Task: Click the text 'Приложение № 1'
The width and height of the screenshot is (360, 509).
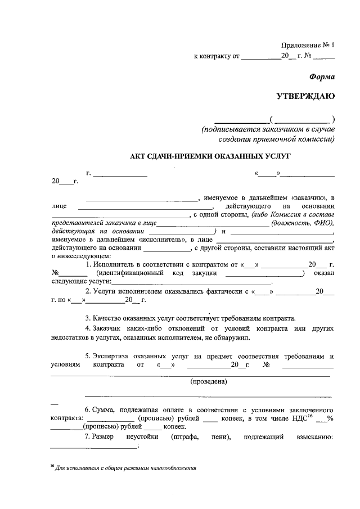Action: click(308, 45)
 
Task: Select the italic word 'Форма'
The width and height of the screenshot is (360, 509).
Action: click(322, 76)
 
